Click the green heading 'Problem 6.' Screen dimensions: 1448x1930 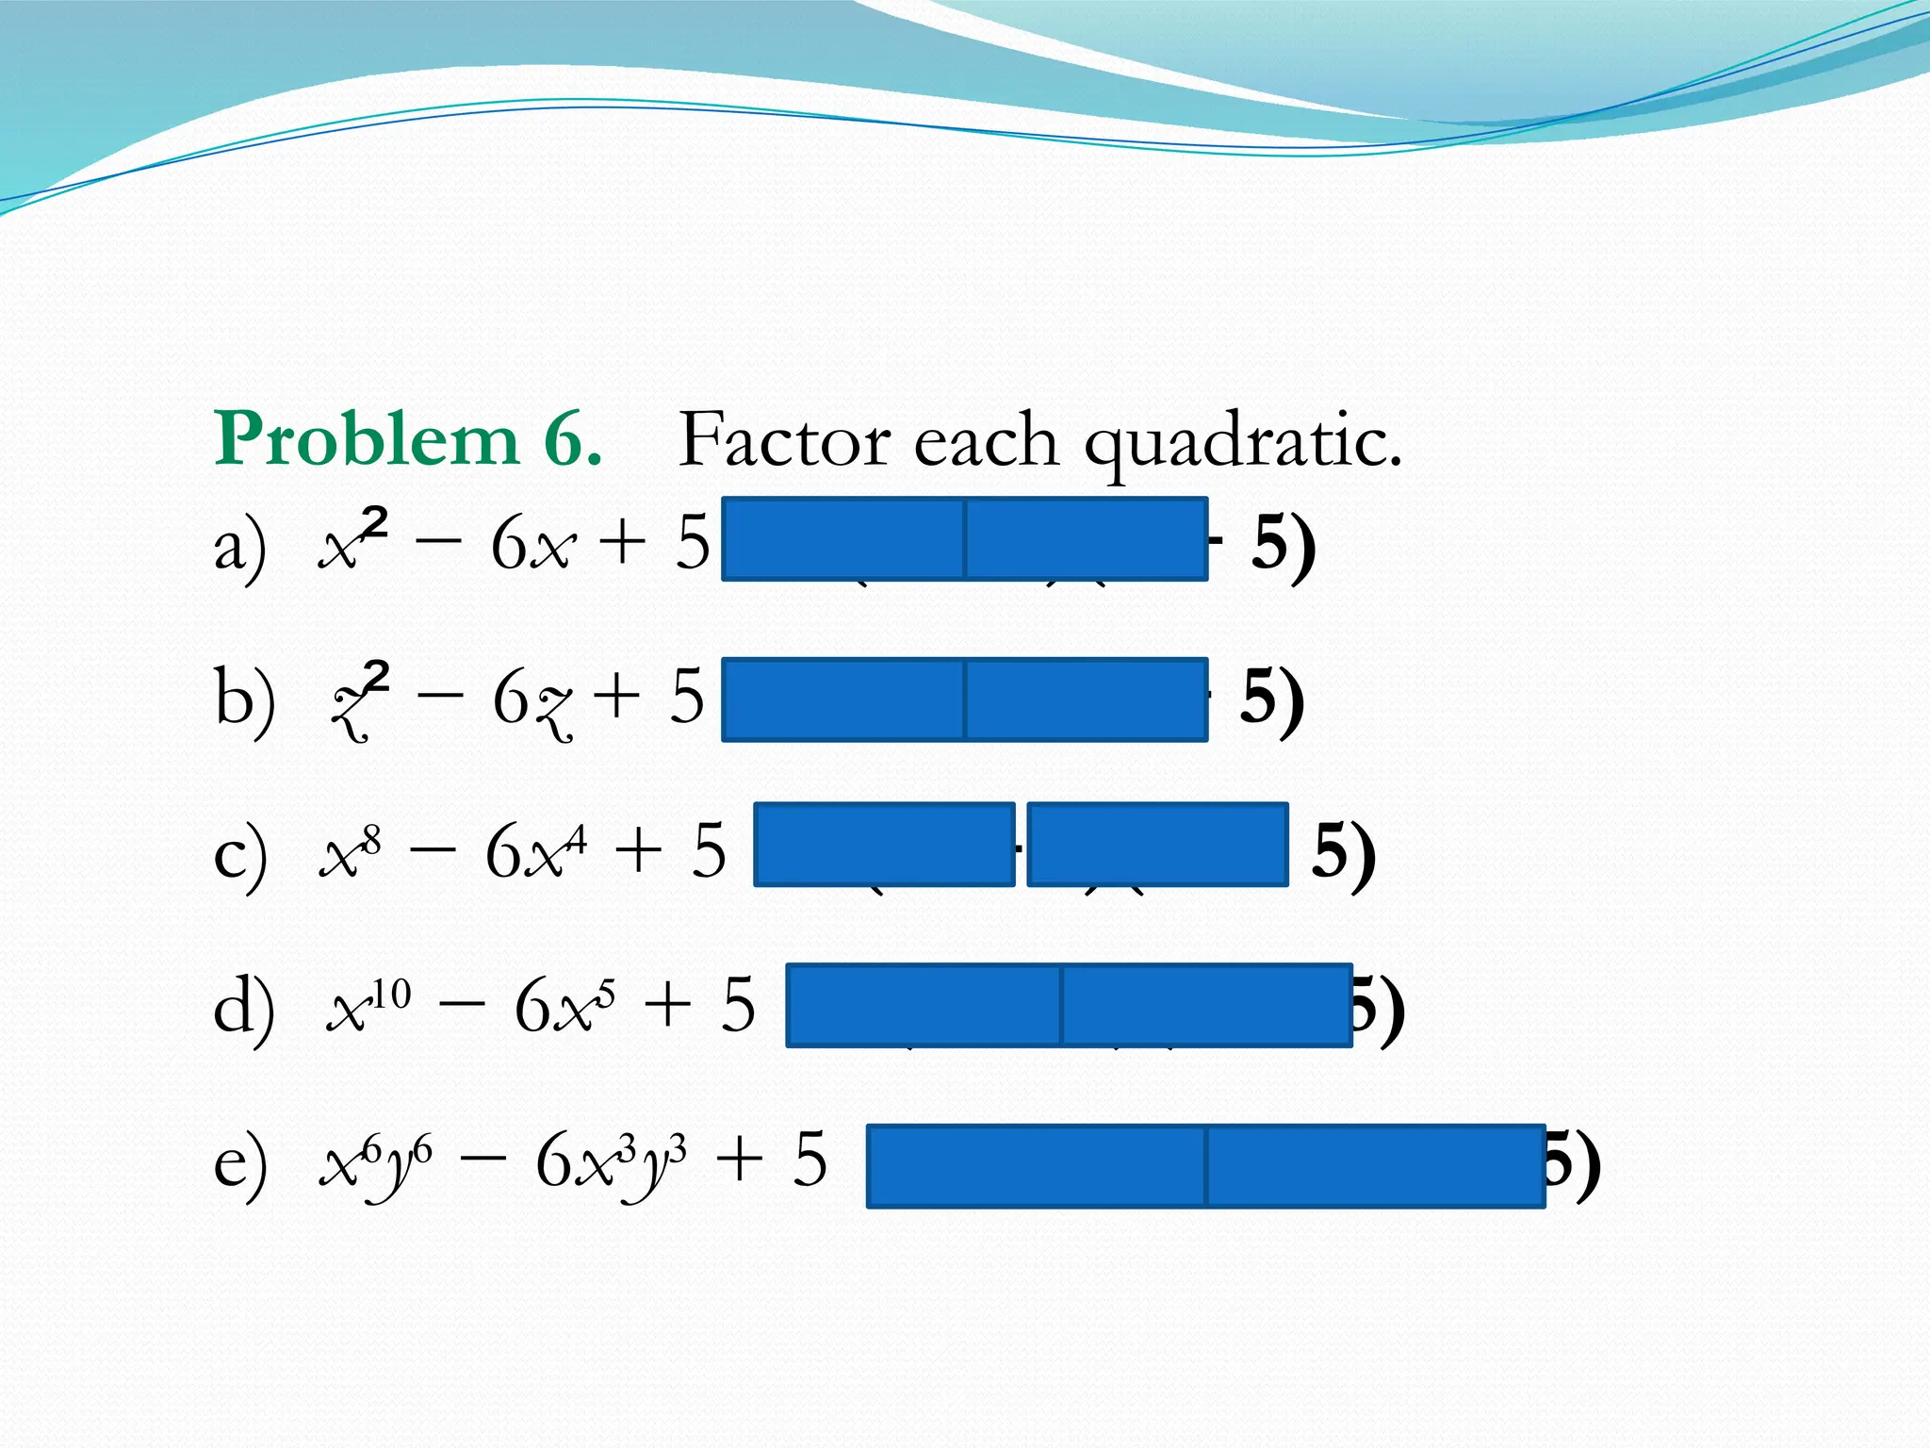(407, 439)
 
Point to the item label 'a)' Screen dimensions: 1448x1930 (240, 547)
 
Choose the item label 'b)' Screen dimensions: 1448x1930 (244, 699)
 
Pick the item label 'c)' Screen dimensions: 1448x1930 (240, 853)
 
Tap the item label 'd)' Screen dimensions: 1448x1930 (244, 1007)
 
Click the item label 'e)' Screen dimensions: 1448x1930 (240, 1162)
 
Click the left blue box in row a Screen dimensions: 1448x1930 (843, 538)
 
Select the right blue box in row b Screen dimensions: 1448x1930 (1087, 699)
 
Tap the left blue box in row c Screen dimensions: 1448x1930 (884, 845)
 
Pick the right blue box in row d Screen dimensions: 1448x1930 (1207, 1005)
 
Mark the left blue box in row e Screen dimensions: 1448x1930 (1036, 1166)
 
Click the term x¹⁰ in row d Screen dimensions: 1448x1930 (368, 1005)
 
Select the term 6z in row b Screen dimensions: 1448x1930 (532, 702)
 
